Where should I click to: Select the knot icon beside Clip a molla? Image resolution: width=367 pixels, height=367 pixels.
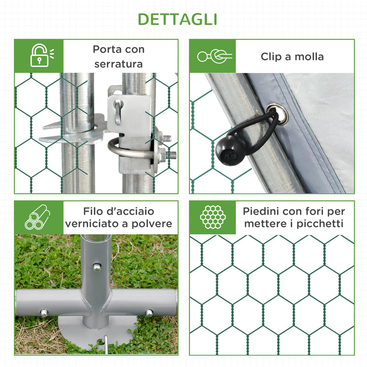(215, 56)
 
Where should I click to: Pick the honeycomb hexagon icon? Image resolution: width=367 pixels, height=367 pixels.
(212, 217)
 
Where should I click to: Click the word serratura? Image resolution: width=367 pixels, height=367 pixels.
(119, 64)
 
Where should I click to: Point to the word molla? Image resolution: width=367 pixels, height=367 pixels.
(309, 57)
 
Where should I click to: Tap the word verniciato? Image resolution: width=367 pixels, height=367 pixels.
(88, 224)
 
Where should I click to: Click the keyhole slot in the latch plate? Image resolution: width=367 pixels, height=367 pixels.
(118, 113)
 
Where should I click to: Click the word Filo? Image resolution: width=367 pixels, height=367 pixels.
(94, 212)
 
